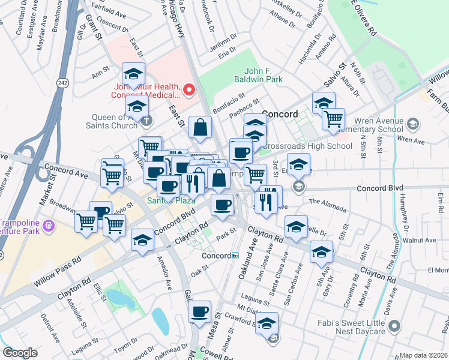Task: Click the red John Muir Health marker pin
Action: pos(189,91)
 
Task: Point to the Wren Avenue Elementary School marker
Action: pos(412,124)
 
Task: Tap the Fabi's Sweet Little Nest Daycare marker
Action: pos(394,326)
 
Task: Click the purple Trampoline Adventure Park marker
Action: pos(49,226)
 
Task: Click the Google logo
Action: pos(20,353)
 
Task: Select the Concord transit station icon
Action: pos(236,256)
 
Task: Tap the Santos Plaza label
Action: pos(166,199)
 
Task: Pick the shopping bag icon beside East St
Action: pos(200,127)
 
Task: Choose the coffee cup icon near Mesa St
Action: pos(200,312)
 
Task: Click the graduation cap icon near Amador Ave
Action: pos(142,241)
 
